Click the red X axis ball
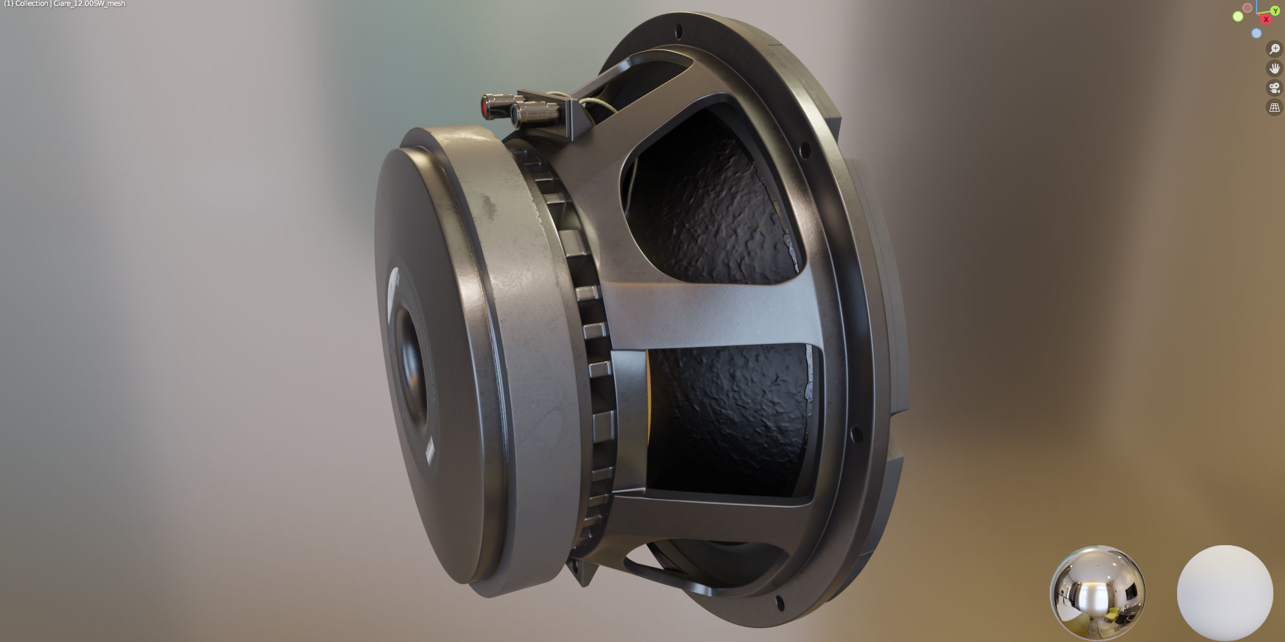tap(1266, 19)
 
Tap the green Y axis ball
tap(1275, 10)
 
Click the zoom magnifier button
tap(1275, 49)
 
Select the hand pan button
tap(1275, 68)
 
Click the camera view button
tap(1275, 88)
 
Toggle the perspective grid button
tap(1275, 108)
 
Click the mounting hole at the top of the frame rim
tap(678, 31)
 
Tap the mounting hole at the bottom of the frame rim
tap(780, 605)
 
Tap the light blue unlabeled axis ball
tap(1257, 33)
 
